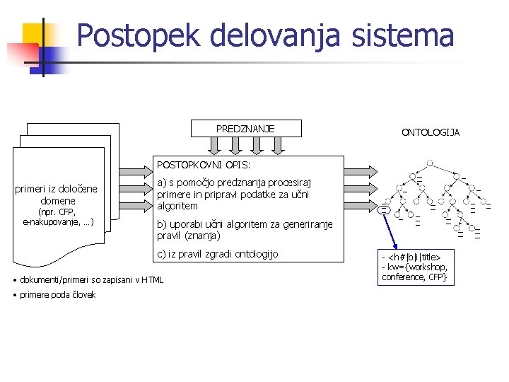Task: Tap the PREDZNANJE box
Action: [x=245, y=128]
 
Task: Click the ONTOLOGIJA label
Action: [x=431, y=132]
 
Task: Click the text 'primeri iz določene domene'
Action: [x=57, y=195]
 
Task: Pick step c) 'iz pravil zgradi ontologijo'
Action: [x=218, y=254]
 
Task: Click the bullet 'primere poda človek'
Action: [x=57, y=294]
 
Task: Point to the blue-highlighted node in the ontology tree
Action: [x=384, y=209]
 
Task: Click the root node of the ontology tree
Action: [x=430, y=163]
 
